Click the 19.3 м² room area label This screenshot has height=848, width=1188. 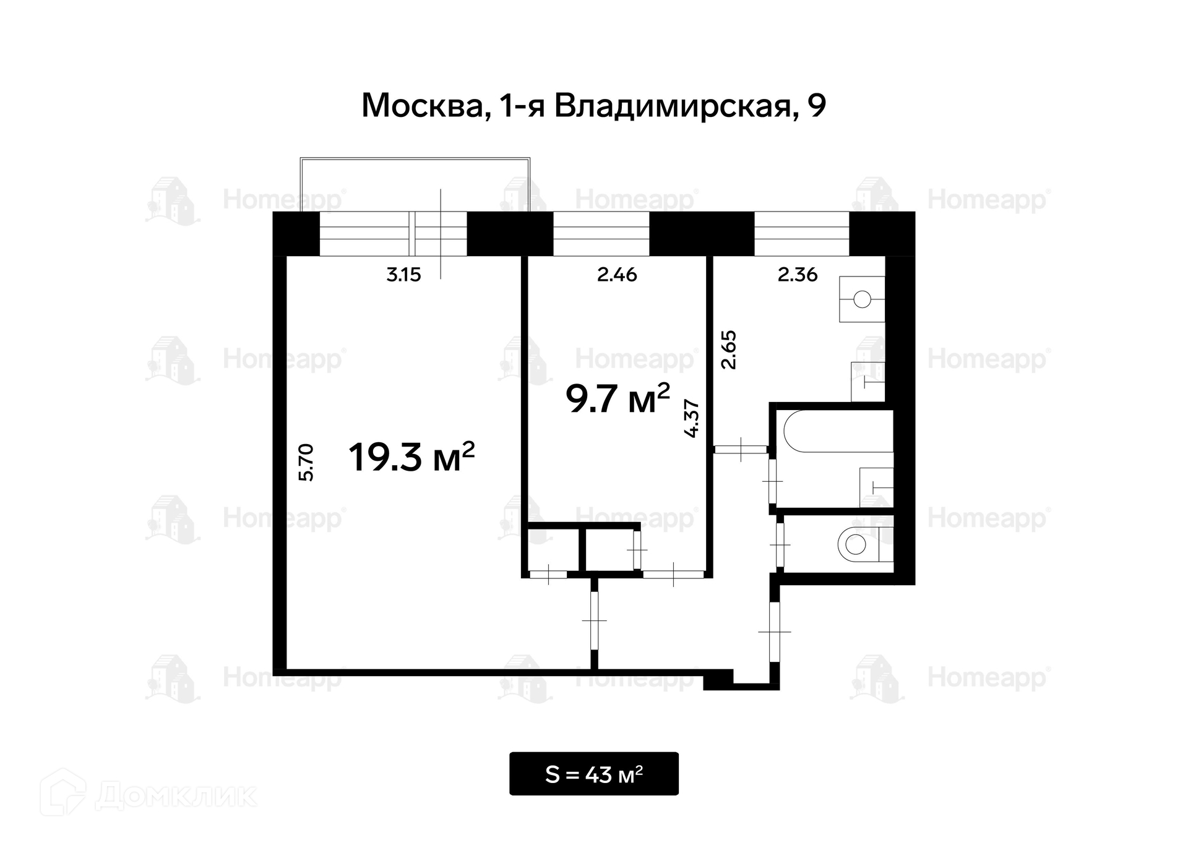tap(411, 457)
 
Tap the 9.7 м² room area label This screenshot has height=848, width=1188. tap(618, 398)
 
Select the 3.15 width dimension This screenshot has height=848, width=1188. tap(403, 275)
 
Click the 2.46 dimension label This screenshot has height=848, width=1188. tap(617, 275)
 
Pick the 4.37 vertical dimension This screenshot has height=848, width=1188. tap(692, 419)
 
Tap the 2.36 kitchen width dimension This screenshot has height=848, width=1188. tap(798, 275)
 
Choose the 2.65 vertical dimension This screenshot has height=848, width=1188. tap(730, 350)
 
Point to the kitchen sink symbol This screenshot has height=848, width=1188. tap(862, 299)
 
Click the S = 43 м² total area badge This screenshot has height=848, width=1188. tap(594, 774)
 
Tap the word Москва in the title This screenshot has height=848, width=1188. tap(422, 106)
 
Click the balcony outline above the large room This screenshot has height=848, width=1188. tap(415, 159)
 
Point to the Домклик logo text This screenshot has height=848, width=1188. tap(176, 796)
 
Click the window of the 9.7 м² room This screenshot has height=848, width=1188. tap(601, 234)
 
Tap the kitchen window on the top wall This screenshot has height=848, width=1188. tap(802, 234)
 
